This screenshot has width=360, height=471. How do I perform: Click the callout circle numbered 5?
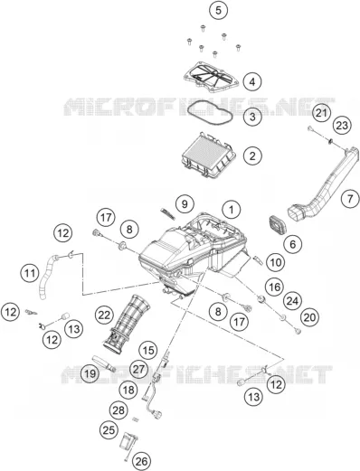(218, 10)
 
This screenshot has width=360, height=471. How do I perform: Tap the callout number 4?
(252, 81)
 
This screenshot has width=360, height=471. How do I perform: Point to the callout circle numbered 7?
(350, 199)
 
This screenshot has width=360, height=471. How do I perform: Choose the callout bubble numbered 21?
(321, 113)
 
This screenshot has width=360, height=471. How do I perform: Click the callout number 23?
(342, 125)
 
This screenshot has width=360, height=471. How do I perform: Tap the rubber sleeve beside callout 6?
(277, 225)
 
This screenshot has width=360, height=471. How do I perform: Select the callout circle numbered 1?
(232, 210)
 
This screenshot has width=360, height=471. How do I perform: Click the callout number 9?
(185, 204)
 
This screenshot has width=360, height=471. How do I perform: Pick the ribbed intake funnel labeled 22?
(126, 323)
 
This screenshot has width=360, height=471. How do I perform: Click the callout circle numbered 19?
(90, 373)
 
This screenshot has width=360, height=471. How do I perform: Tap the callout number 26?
(142, 461)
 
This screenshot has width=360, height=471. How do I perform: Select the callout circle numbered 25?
(109, 429)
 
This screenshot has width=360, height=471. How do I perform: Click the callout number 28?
(118, 410)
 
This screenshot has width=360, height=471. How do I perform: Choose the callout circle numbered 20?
(309, 317)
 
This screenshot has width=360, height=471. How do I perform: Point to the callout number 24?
(292, 301)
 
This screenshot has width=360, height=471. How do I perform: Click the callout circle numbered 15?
(148, 351)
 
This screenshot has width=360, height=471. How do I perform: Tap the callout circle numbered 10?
(275, 262)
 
